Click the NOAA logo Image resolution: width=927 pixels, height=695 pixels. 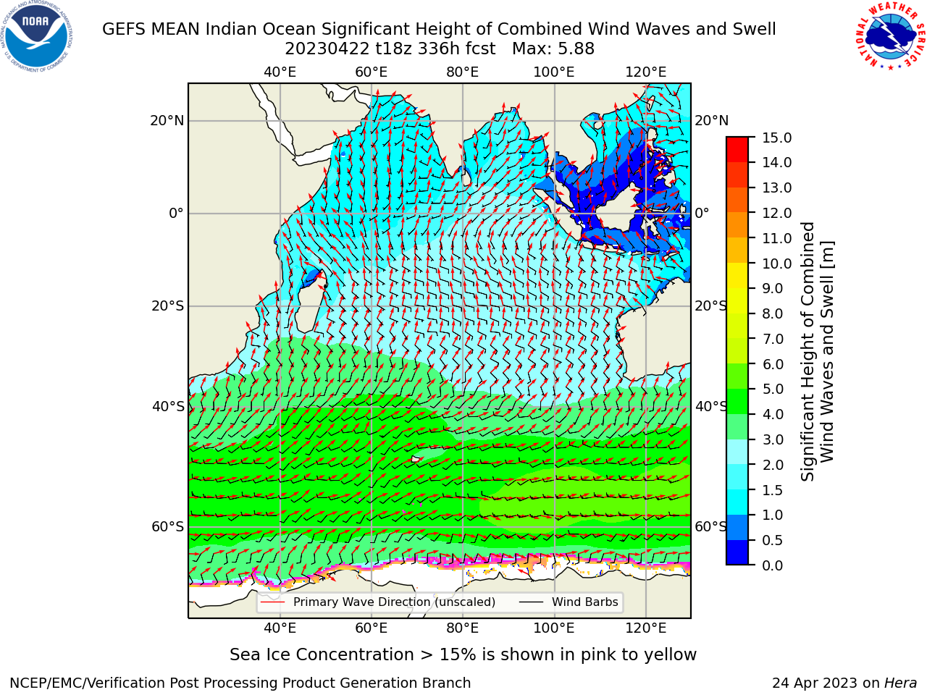coord(37,37)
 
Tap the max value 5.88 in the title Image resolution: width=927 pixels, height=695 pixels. coord(575,49)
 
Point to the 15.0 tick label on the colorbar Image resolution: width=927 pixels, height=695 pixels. coord(776,138)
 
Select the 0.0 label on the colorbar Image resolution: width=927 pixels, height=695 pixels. coord(773,565)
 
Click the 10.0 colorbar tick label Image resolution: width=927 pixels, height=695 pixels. coord(776,264)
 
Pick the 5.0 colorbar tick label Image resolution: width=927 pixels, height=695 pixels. coord(773,389)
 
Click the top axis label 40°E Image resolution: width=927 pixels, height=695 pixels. coord(280,72)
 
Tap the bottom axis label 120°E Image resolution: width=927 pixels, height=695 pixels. coord(646,628)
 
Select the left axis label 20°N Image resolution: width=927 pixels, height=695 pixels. coord(167,121)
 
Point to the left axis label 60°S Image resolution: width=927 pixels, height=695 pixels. coord(168,527)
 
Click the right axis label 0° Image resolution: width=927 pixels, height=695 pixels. coord(702,213)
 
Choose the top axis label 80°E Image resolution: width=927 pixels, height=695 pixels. coord(463,72)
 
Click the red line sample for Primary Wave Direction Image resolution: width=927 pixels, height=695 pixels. coord(273,602)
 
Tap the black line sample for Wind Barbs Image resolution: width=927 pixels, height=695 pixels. coord(531,602)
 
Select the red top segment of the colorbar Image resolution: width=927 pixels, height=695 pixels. coord(737,143)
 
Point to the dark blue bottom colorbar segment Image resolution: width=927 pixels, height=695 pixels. coord(737,552)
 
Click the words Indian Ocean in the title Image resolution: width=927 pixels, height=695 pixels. coord(261,30)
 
